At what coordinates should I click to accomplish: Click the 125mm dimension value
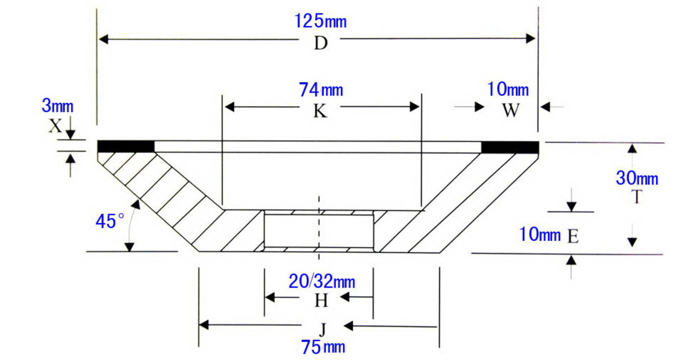(320, 21)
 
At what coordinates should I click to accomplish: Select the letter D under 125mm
(320, 44)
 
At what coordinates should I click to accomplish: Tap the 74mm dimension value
(321, 89)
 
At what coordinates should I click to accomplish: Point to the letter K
(320, 112)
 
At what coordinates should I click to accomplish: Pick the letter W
(510, 110)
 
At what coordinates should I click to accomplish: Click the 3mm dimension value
(57, 106)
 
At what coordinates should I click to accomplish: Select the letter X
(54, 126)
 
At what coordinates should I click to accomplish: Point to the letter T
(635, 197)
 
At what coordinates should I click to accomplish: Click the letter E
(573, 236)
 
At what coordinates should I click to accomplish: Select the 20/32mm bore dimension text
(321, 280)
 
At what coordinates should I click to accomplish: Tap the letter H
(320, 301)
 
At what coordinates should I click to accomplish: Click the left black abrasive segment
(126, 146)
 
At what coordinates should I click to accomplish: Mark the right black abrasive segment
(510, 147)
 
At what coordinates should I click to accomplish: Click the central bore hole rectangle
(319, 230)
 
